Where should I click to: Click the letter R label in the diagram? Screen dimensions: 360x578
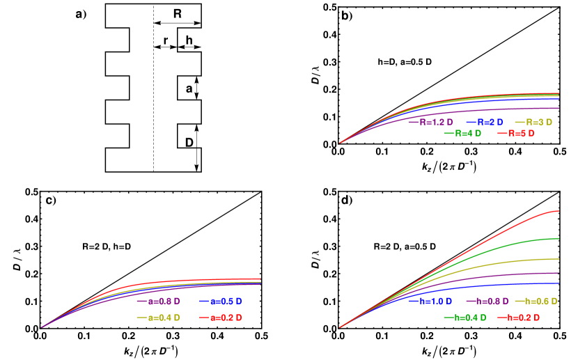178,13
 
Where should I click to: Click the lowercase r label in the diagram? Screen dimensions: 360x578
165,40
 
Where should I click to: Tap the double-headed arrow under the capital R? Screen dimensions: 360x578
177,23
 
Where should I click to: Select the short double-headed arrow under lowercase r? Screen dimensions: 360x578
165,47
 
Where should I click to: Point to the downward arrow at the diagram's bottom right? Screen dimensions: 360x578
197,159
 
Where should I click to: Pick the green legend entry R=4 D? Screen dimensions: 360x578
462,133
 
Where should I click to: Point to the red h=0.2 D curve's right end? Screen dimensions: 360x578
559,211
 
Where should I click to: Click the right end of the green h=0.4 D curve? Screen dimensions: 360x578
559,238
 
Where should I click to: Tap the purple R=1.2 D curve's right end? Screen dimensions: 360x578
559,108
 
